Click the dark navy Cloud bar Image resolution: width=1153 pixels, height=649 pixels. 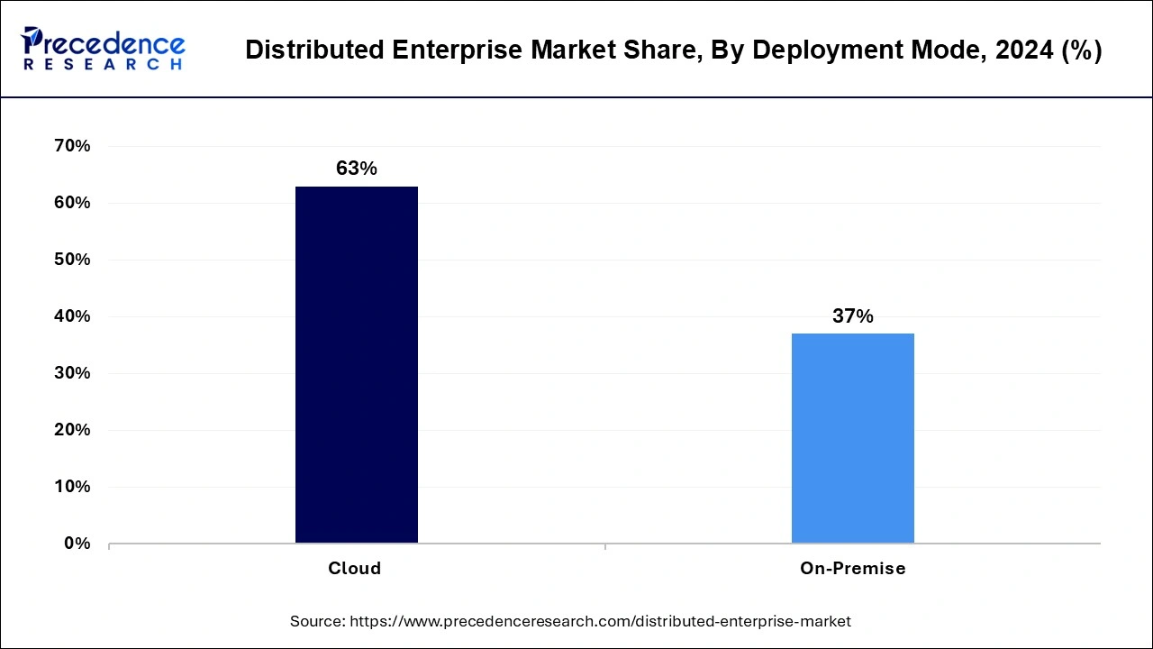pos(356,364)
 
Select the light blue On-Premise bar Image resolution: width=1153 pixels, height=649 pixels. pos(852,438)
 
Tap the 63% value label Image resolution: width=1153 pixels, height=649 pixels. pos(356,169)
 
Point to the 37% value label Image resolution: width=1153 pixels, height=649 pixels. pos(852,315)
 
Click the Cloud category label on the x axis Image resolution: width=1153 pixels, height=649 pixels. pos(354,569)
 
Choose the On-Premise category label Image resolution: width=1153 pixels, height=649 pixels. pos(852,569)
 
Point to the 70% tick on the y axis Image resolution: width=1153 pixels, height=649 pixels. pos(72,146)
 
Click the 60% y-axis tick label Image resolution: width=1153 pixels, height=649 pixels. pos(72,203)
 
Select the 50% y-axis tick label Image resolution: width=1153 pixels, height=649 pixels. pos(72,260)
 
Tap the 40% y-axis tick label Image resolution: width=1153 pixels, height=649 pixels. pos(72,316)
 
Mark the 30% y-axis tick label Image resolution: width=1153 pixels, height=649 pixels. pos(72,373)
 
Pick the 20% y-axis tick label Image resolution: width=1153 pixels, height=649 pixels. pos(72,430)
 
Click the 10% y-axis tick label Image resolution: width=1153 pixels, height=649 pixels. pos(72,487)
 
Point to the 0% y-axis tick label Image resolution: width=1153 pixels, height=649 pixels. pos(77,544)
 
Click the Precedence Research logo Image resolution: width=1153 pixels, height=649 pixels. pos(103,48)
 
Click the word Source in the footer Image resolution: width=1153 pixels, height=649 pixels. pos(318,621)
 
